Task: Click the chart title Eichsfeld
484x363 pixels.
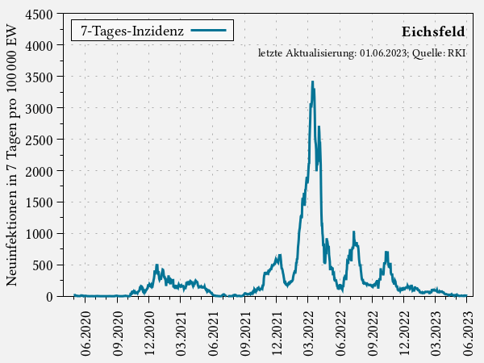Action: click(x=433, y=31)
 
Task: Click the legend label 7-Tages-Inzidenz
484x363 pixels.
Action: click(x=132, y=31)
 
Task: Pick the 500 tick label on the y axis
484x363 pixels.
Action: click(x=44, y=265)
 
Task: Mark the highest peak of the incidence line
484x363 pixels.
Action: click(x=312, y=81)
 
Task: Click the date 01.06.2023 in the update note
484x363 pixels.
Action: click(x=384, y=53)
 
